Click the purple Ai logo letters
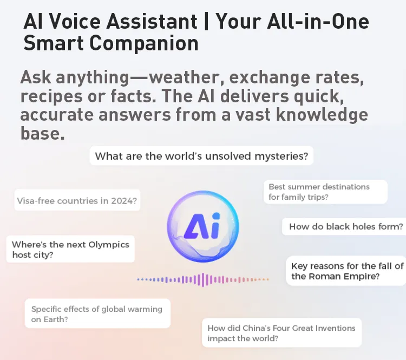pos(202,226)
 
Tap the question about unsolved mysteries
pos(201,156)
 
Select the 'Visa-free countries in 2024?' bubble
pos(77,200)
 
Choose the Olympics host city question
pos(70,249)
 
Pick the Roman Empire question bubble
pos(346,271)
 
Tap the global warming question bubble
pos(97,313)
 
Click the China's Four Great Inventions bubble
pos(281,333)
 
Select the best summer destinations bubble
pos(325,192)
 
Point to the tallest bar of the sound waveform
pos(203,280)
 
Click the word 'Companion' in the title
pos(144,43)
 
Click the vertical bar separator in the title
pos(206,21)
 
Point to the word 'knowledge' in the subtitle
pos(322,115)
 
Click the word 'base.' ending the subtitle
pos(42,133)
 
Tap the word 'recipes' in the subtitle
pos(51,96)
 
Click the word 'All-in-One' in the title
pos(318,21)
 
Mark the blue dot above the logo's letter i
pos(216,216)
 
